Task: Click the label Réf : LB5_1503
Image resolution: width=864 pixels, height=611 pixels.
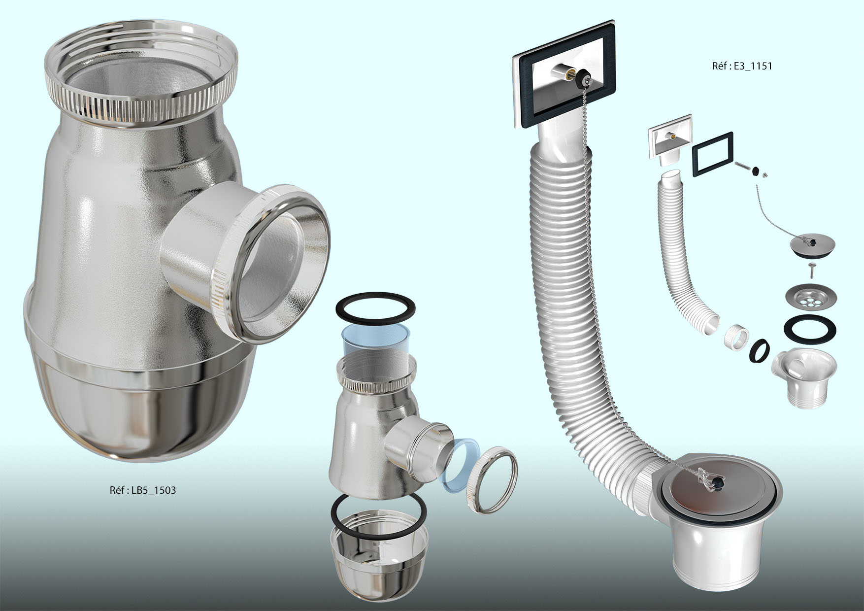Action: click(x=143, y=490)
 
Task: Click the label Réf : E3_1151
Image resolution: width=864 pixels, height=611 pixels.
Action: click(x=742, y=66)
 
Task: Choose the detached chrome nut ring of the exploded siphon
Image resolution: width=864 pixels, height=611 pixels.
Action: click(x=493, y=473)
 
